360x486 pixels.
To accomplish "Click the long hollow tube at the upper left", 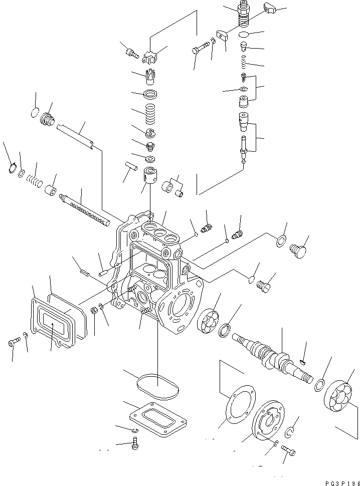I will [x=75, y=136].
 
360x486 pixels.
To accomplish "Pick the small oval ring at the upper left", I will [x=34, y=112].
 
